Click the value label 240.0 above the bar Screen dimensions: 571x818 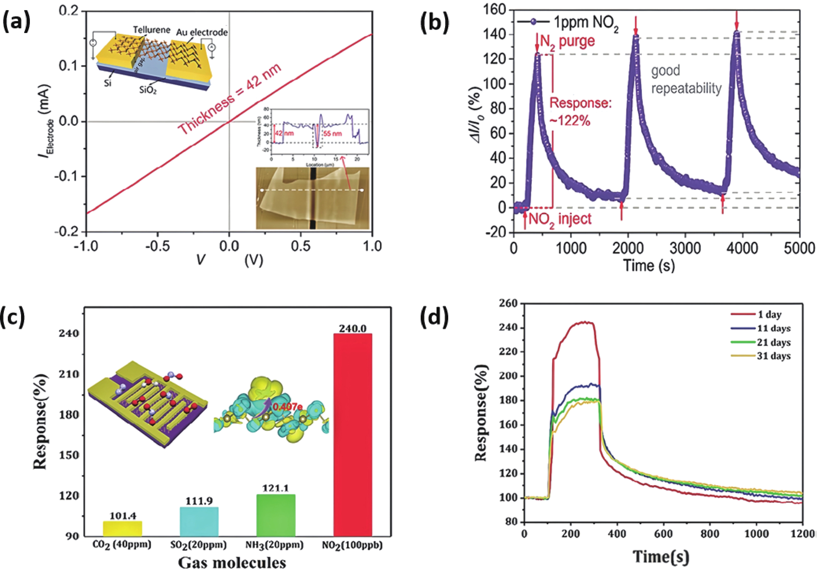(352, 328)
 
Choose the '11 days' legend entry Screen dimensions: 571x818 (773, 328)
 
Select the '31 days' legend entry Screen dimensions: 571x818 (773, 356)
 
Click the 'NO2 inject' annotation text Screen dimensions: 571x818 (559, 218)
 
